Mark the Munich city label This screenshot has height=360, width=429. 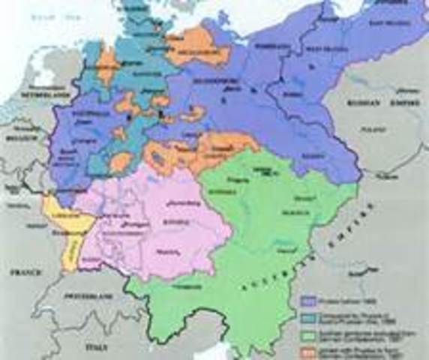tap(180, 250)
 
